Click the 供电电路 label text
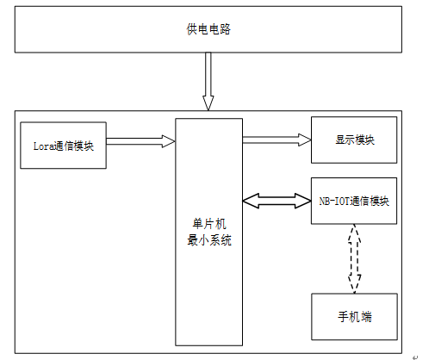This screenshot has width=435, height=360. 208,29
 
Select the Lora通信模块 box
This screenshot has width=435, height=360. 63,146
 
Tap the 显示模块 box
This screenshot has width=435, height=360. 354,140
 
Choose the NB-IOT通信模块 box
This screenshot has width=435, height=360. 354,201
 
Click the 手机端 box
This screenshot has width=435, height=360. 354,317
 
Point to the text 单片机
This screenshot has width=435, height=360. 209,224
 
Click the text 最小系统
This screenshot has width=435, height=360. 209,240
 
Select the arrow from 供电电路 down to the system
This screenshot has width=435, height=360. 208,81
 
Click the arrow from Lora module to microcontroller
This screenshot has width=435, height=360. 140,141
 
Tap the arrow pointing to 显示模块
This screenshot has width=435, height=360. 277,140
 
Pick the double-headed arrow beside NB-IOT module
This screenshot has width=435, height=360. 277,201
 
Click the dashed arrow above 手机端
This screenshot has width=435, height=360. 354,258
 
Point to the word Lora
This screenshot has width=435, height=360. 44,146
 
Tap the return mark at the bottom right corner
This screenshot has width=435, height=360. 415,357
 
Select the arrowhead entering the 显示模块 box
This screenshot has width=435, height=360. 305,140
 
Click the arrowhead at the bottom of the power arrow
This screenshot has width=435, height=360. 208,103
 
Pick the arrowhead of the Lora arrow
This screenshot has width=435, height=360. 169,141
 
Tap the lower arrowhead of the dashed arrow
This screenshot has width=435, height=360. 355,284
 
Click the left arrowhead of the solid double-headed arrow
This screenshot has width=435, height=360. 251,201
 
